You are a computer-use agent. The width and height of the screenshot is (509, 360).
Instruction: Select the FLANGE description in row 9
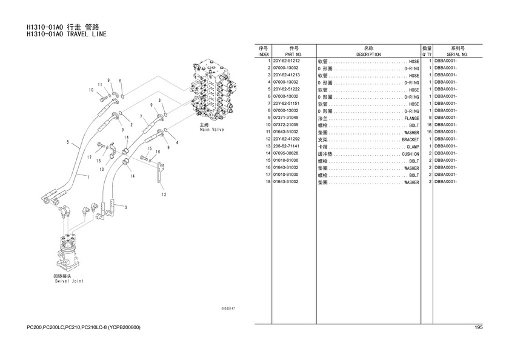pyautogui.click(x=411, y=118)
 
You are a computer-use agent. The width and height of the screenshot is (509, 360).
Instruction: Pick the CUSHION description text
pyautogui.click(x=410, y=153)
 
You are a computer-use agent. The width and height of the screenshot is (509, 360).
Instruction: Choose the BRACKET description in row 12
pyautogui.click(x=410, y=139)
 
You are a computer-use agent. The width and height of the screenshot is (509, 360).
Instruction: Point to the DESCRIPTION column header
pyautogui.click(x=368, y=54)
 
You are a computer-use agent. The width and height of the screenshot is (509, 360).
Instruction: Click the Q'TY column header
pyautogui.click(x=427, y=54)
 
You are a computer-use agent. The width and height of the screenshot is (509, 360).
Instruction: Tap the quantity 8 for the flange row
pyautogui.click(x=429, y=118)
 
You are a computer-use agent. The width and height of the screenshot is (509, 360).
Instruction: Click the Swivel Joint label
pyautogui.click(x=68, y=281)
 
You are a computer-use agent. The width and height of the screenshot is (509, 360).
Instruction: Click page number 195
pyautogui.click(x=478, y=328)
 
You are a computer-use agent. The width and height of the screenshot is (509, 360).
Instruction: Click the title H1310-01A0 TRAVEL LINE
pyautogui.click(x=67, y=35)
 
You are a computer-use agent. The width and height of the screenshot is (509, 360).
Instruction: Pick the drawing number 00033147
pyautogui.click(x=228, y=309)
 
